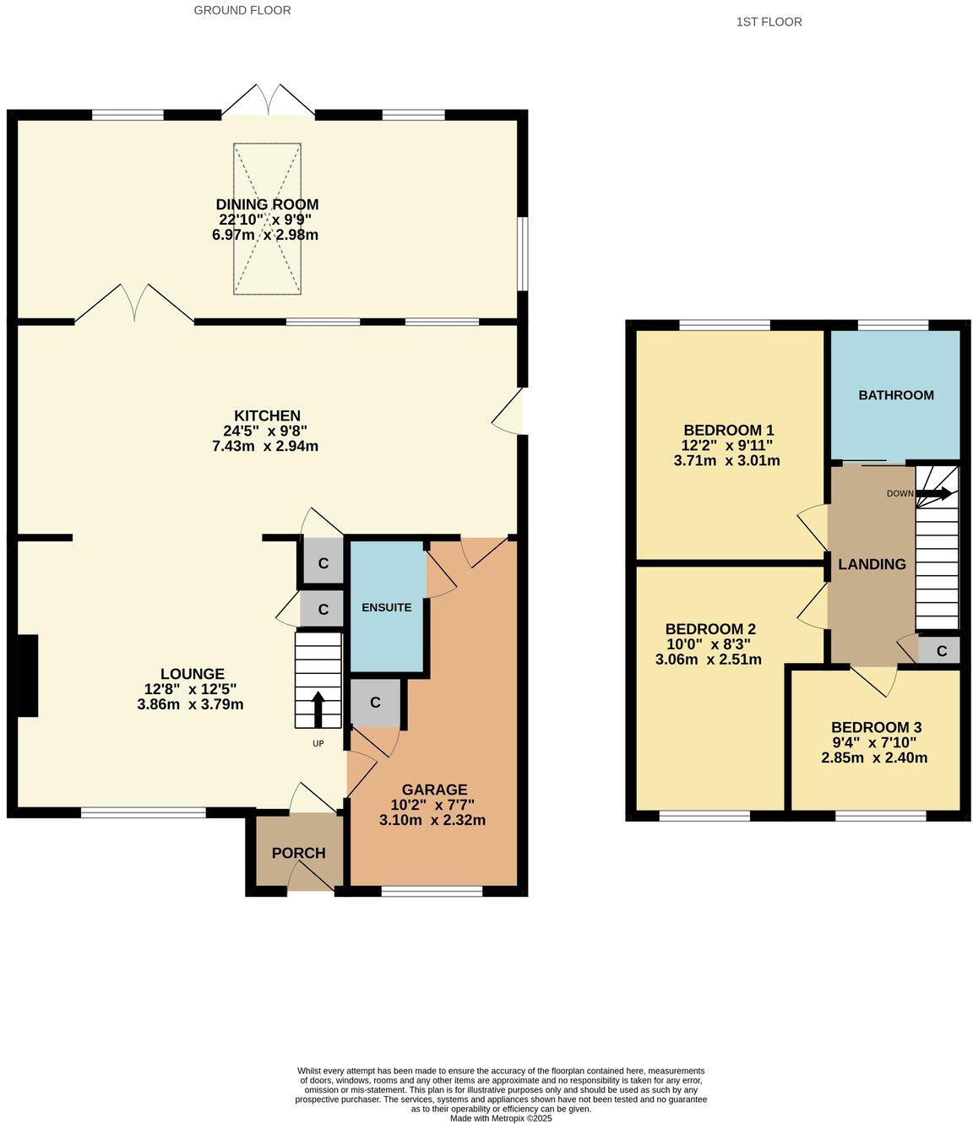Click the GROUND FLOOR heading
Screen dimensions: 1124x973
coord(242,10)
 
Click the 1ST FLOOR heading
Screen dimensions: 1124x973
coord(769,22)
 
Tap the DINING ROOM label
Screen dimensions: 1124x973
coord(267,204)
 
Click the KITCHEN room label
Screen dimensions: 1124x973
coord(267,415)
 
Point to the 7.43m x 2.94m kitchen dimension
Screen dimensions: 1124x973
coord(265,446)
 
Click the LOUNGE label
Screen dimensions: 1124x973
coord(193,674)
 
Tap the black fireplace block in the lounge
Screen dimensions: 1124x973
coord(27,676)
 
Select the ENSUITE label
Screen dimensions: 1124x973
coord(386,607)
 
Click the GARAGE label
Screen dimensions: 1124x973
coord(434,790)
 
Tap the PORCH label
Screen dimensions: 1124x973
coord(298,853)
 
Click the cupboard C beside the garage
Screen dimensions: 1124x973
coord(374,703)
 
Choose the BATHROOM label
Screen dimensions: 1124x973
coord(896,395)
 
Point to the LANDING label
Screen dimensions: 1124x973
coord(872,564)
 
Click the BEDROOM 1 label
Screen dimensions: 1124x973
coord(728,429)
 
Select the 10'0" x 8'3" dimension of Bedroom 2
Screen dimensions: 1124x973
coord(709,644)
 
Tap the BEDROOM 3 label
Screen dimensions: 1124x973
coord(876,727)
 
